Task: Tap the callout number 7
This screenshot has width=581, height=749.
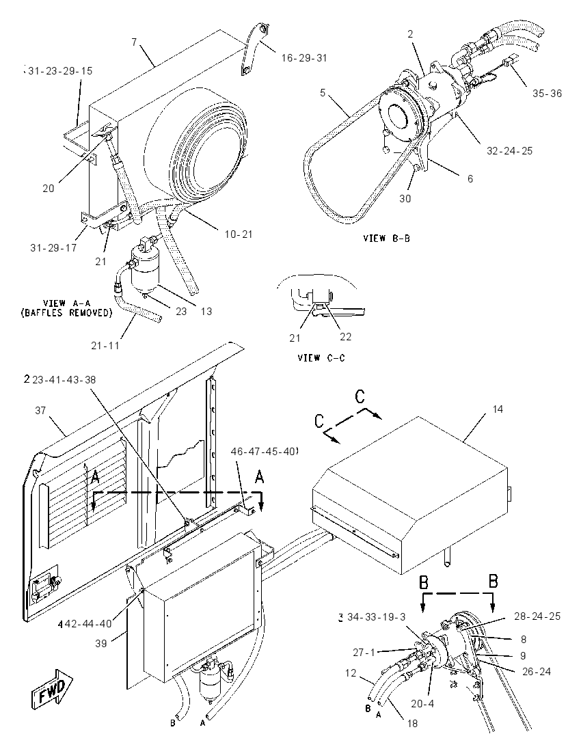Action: [134, 42]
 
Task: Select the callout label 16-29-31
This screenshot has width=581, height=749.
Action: [304, 58]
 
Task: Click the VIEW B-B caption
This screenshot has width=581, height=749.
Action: [387, 238]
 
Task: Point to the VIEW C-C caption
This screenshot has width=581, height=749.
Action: [321, 358]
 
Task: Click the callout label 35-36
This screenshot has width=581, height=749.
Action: [547, 94]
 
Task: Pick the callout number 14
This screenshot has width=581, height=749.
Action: [498, 409]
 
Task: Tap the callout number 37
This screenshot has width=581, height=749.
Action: [40, 410]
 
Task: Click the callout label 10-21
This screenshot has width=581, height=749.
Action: [239, 234]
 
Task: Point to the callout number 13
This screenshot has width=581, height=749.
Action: [206, 312]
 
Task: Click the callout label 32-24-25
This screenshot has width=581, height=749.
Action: [509, 151]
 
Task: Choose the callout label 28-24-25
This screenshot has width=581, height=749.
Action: [537, 616]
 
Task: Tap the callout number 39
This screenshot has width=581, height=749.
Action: [100, 644]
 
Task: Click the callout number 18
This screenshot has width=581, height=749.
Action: [412, 724]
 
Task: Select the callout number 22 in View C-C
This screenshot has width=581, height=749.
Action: [345, 337]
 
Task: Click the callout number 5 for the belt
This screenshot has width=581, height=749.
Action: [323, 92]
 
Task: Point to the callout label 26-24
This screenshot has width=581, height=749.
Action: [536, 672]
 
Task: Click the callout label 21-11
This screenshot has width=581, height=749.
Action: [105, 345]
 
